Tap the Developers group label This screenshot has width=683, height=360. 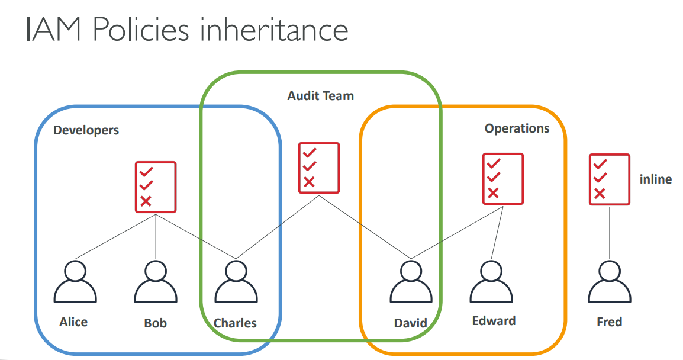tap(86, 130)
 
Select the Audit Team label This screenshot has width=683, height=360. tap(320, 95)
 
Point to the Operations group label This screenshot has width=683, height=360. tap(517, 128)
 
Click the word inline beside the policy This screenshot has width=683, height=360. tap(656, 179)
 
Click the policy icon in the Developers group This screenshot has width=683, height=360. tap(156, 187)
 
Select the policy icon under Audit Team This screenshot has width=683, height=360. tap(319, 168)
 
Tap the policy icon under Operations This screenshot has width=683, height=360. tap(503, 179)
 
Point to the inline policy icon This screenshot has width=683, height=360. tap(610, 179)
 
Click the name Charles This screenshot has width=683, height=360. tap(235, 323)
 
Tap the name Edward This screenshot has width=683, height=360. tap(494, 321)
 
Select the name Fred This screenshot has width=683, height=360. tap(610, 322)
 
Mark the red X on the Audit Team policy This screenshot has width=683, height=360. tap(309, 182)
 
